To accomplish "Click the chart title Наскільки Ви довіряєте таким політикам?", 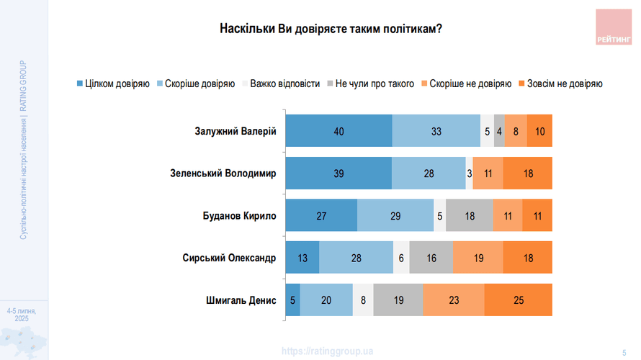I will point(331,30).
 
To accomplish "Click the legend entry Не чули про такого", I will point(370,84).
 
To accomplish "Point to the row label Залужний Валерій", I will point(236,131).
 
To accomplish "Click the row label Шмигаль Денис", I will point(241,300).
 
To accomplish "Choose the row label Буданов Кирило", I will point(240,215).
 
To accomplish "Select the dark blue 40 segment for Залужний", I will point(339,131).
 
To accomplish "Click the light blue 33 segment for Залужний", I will point(436,131).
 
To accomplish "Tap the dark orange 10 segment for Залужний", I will point(539,131).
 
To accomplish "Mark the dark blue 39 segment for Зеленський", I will point(338,174).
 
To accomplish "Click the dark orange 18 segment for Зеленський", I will point(528,174).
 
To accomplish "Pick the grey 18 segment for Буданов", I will point(470,215).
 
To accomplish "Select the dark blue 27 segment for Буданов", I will point(321,215).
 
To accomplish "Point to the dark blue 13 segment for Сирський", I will point(302,258).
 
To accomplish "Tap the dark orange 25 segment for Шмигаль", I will point(519,300).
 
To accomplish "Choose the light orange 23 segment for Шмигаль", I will point(454,300).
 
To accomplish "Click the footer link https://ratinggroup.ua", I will point(328,351).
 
